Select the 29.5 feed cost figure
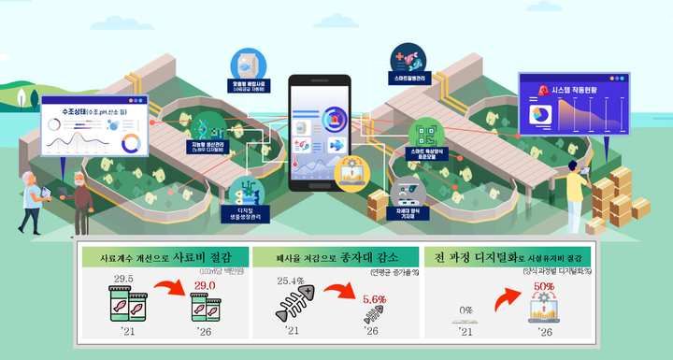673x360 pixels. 124,278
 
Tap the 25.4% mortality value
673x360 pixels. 293,279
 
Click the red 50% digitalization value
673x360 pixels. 544,287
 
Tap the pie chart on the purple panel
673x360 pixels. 540,115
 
